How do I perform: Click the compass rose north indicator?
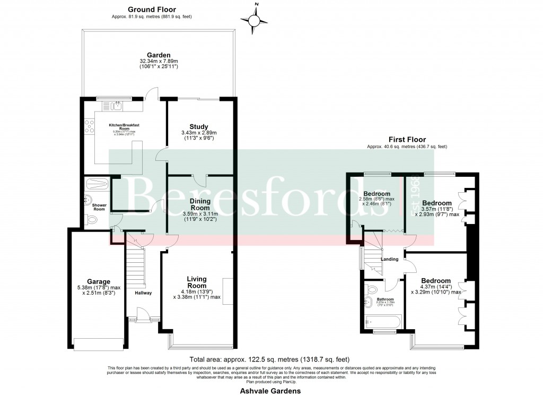click(x=256, y=20)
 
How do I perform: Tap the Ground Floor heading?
click(x=152, y=9)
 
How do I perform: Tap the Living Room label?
click(x=196, y=282)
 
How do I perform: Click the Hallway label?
click(x=143, y=293)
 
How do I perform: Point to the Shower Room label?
click(x=100, y=207)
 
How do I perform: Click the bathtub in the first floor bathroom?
click(x=383, y=322)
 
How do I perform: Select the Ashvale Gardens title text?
click(x=271, y=391)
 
